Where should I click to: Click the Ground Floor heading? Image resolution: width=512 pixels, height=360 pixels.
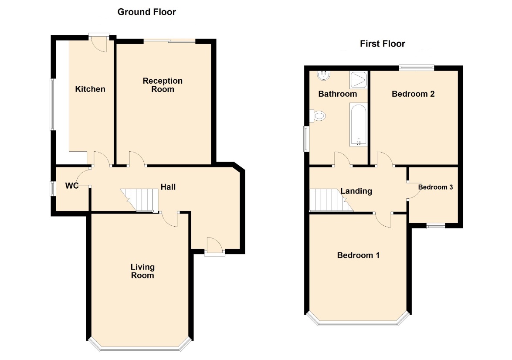pos(146,12)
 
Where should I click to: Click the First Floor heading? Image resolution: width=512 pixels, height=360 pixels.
pos(383,44)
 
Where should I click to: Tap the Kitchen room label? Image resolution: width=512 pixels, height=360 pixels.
pos(90,89)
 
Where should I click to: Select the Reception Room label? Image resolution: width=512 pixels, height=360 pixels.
pos(163,85)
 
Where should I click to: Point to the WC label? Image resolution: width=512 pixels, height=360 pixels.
pos(72,186)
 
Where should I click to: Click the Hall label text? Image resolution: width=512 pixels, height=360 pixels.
pos(168,187)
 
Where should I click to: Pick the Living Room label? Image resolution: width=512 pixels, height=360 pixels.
pos(142,271)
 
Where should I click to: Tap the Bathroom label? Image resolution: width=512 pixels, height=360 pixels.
pos(338,94)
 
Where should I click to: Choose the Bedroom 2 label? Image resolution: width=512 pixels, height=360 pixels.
pos(413,94)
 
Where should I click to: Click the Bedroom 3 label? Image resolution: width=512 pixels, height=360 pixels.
pos(436,187)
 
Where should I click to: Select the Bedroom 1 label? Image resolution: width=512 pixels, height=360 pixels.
pos(358,255)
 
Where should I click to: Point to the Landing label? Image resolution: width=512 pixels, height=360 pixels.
pos(356,191)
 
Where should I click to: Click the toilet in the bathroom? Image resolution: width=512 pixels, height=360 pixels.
pos(318,115)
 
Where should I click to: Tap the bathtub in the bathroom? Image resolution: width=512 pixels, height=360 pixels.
pos(359,125)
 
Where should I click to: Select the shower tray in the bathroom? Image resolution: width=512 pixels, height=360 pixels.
pos(359,80)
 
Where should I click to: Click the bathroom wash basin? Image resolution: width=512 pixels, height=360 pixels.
pos(324,75)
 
